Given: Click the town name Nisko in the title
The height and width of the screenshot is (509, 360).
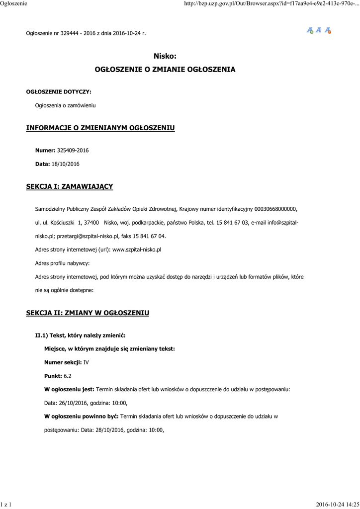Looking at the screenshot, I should click(165, 57).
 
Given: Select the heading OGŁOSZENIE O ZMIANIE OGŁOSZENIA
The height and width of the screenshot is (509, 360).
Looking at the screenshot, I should click(165, 70).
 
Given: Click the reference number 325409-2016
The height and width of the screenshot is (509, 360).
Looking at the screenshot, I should click(73, 150).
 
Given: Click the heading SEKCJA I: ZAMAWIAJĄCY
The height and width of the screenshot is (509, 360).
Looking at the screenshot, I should click(70, 187).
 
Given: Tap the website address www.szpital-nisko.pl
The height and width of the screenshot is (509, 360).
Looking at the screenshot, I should click(137, 250).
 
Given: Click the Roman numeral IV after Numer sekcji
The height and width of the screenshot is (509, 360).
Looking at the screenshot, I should click(86, 363).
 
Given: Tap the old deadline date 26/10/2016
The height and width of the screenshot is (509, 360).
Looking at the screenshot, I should click(73, 403).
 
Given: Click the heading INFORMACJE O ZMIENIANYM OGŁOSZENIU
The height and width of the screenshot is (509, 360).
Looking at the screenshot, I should click(100, 128).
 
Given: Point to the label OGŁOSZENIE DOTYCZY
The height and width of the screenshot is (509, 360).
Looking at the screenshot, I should click(59, 91).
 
